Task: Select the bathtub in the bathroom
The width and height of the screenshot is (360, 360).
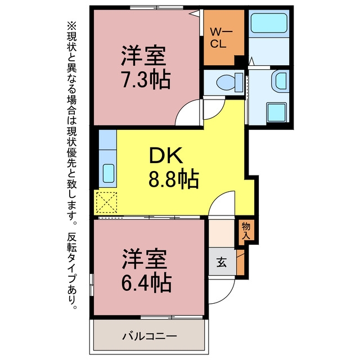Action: pyautogui.click(x=269, y=23)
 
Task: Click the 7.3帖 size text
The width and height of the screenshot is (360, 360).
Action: pyautogui.click(x=146, y=80)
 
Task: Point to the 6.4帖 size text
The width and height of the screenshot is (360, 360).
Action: pyautogui.click(x=146, y=282)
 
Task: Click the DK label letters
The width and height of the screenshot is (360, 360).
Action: pyautogui.click(x=166, y=155)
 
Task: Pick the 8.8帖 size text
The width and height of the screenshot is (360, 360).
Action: pyautogui.click(x=174, y=179)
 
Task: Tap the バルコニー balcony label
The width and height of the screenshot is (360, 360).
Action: pyautogui.click(x=150, y=336)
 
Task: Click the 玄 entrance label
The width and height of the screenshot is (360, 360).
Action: pyautogui.click(x=222, y=262)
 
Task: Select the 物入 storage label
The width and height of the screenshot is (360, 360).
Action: pyautogui.click(x=246, y=231)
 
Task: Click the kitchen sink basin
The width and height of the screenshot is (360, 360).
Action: pyautogui.click(x=109, y=173)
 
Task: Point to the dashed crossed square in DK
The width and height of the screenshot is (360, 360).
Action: pyautogui.click(x=106, y=202)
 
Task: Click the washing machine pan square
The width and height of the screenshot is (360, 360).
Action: pyautogui.click(x=277, y=112)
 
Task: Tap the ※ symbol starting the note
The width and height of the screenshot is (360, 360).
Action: pyautogui.click(x=71, y=26)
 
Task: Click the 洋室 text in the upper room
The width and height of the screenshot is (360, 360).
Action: pyautogui.click(x=143, y=56)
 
